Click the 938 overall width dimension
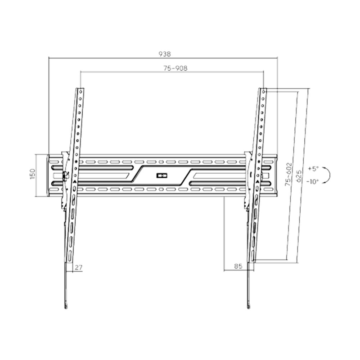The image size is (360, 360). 165,54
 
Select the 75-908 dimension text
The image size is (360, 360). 175,68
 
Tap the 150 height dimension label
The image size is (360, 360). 32,174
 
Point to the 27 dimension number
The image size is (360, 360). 78,267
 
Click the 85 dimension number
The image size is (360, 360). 238,266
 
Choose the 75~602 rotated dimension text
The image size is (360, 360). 288,174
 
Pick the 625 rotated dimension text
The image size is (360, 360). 298,176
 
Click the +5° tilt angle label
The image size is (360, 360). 313,169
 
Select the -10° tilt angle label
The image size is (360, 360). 312,182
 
